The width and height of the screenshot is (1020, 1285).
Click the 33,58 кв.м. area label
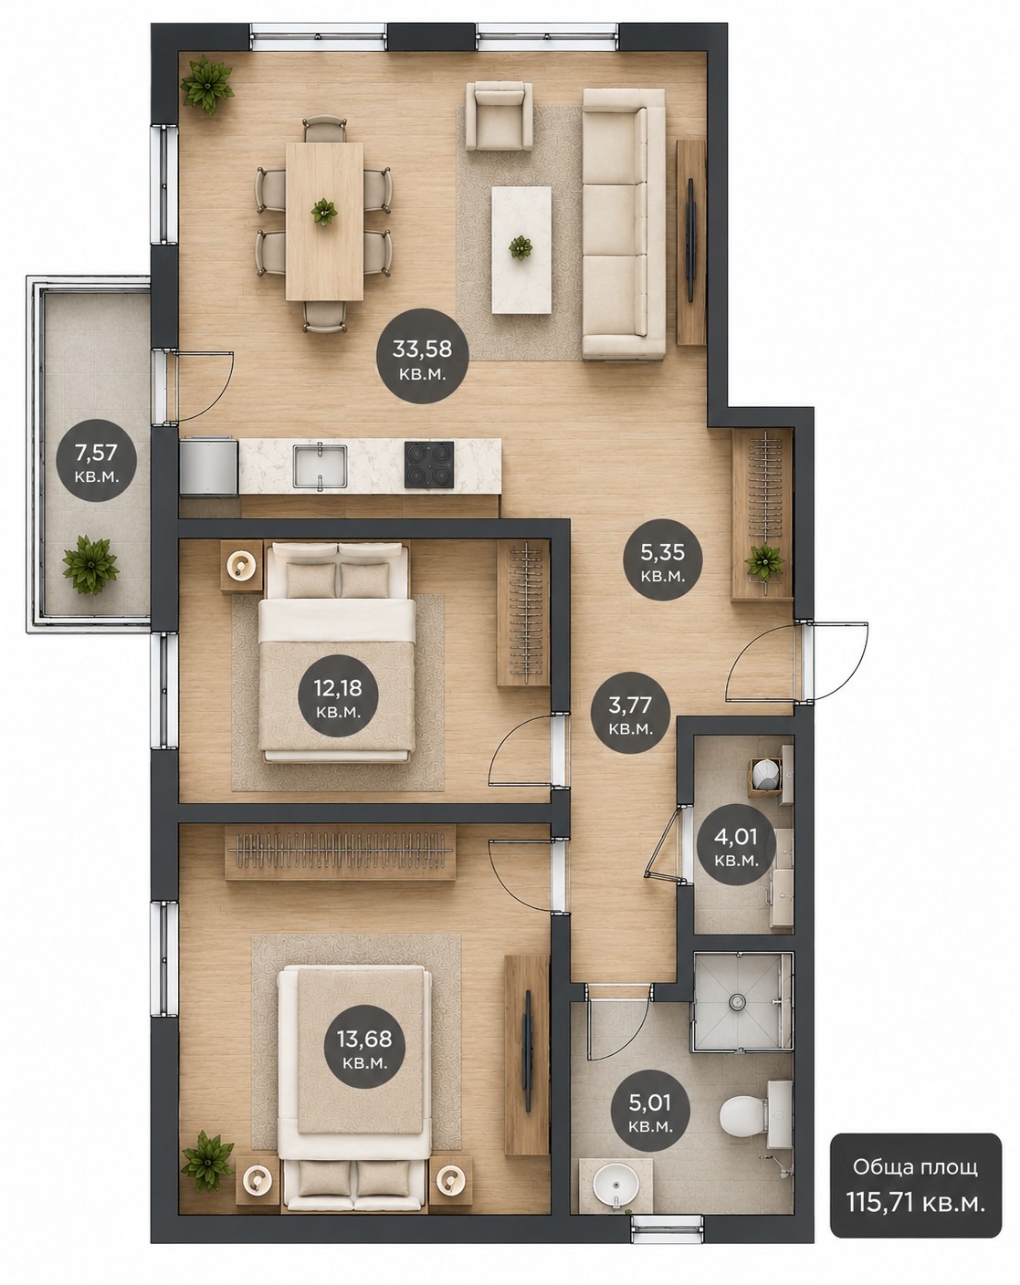click(x=422, y=357)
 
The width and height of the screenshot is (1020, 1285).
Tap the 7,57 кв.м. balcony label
click(x=96, y=461)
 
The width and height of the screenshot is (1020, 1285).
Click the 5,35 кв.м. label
click(x=662, y=560)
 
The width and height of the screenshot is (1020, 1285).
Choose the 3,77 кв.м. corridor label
click(x=630, y=713)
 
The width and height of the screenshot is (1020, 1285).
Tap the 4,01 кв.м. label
click(x=736, y=845)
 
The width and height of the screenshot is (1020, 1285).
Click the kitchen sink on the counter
click(x=320, y=465)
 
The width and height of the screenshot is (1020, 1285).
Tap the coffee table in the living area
click(x=521, y=249)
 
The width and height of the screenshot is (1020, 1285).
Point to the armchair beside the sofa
click(x=499, y=117)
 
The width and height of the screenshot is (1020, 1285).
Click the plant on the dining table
click(x=324, y=212)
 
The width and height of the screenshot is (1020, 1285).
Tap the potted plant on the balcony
click(x=89, y=564)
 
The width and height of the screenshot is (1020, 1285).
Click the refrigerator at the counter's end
click(x=209, y=465)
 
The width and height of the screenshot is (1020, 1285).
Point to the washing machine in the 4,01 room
click(x=766, y=776)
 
